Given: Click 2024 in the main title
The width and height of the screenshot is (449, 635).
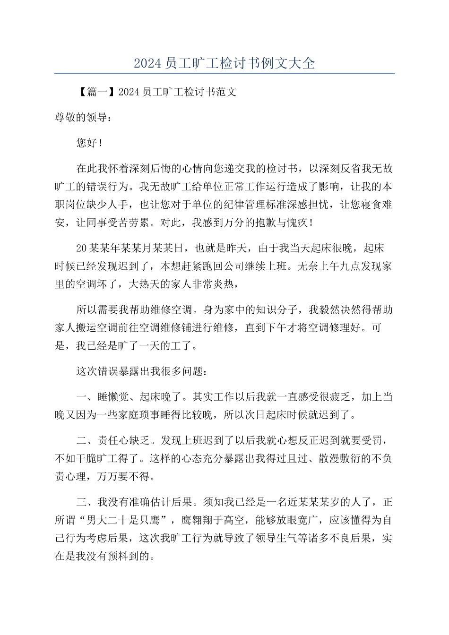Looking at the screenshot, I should tap(147, 63).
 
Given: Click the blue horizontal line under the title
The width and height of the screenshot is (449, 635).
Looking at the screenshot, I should tap(224, 73).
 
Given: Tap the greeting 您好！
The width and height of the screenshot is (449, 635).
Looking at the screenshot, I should tap(89, 143).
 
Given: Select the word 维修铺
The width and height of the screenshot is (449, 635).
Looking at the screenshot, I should tap(209, 328).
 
